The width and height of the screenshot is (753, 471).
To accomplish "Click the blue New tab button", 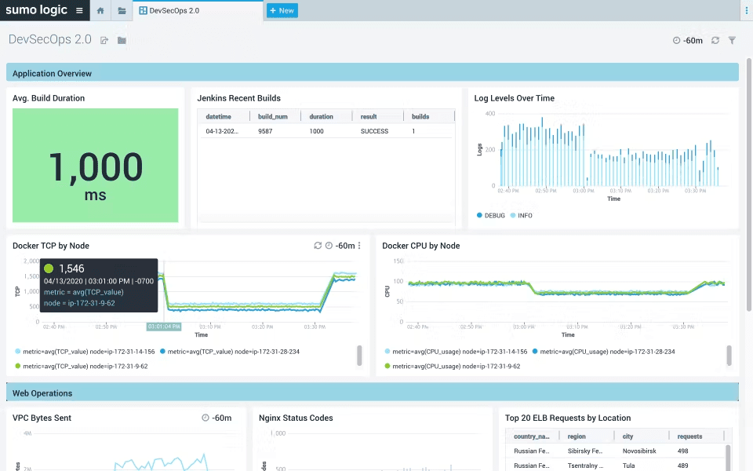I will point(282,10).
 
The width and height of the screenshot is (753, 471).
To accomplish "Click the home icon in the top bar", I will point(100,10).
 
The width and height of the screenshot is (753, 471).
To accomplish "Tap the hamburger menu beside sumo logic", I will point(79,10).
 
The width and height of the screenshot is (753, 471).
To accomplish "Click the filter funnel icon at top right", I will point(732,40).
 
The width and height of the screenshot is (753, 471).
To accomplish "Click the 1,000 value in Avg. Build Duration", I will point(96,167).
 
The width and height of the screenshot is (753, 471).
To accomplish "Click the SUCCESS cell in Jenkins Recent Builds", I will point(374,131).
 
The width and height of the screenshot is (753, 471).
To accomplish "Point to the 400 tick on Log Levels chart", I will point(489,114).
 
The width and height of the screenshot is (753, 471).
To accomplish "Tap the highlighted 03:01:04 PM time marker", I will point(164,327).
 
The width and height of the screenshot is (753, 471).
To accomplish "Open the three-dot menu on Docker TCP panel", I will point(359,246).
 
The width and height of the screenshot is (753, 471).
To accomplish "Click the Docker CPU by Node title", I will point(420,246).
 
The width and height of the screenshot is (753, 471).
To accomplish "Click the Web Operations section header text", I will point(42,393).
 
